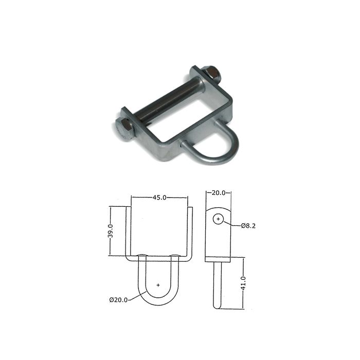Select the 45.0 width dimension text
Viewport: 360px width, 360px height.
coord(159,197)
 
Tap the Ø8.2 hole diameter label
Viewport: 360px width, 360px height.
coord(248,226)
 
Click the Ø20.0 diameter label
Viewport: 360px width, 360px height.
coord(118,300)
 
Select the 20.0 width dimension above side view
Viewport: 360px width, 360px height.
coord(219,193)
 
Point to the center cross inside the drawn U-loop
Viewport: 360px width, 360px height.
coord(158,284)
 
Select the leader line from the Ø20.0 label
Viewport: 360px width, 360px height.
coord(135,295)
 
